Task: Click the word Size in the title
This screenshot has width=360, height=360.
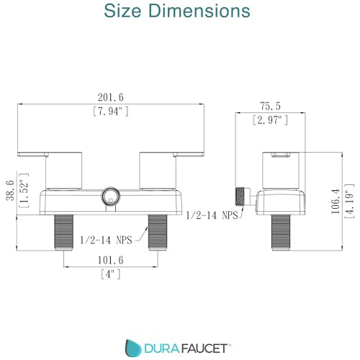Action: coord(122,11)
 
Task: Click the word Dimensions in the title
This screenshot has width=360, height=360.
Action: coord(199,11)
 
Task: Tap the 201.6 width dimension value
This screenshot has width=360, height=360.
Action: coord(111,97)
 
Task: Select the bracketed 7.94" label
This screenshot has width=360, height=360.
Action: coord(111,111)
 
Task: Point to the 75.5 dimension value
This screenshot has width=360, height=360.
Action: coord(271,106)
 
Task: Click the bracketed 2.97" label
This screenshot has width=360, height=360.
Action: coord(271,120)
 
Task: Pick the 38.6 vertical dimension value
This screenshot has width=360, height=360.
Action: coord(10,191)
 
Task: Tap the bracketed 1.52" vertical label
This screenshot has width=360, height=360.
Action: coord(24,191)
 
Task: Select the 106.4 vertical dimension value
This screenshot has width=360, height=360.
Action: coord(336,202)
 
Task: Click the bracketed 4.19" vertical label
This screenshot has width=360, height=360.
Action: coord(349,202)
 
